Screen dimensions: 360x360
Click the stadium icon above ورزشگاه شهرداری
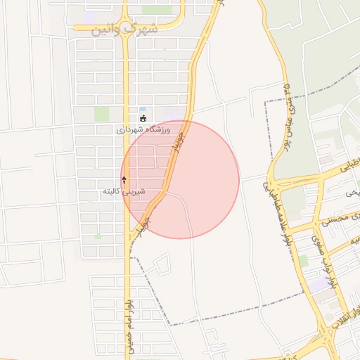coord(143,119)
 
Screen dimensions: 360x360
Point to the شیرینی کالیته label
coord(124,191)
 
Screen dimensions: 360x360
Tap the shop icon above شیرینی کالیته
coord(124,181)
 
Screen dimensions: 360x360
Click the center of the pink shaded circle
coord(180,179)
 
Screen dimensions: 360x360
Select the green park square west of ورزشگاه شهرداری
coord(103,113)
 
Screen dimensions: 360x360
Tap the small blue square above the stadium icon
coord(143,109)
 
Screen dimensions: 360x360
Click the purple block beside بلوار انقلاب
coord(320,285)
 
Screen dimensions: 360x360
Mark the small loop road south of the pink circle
coord(161,265)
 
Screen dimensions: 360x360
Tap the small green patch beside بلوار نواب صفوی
coord(303,260)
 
